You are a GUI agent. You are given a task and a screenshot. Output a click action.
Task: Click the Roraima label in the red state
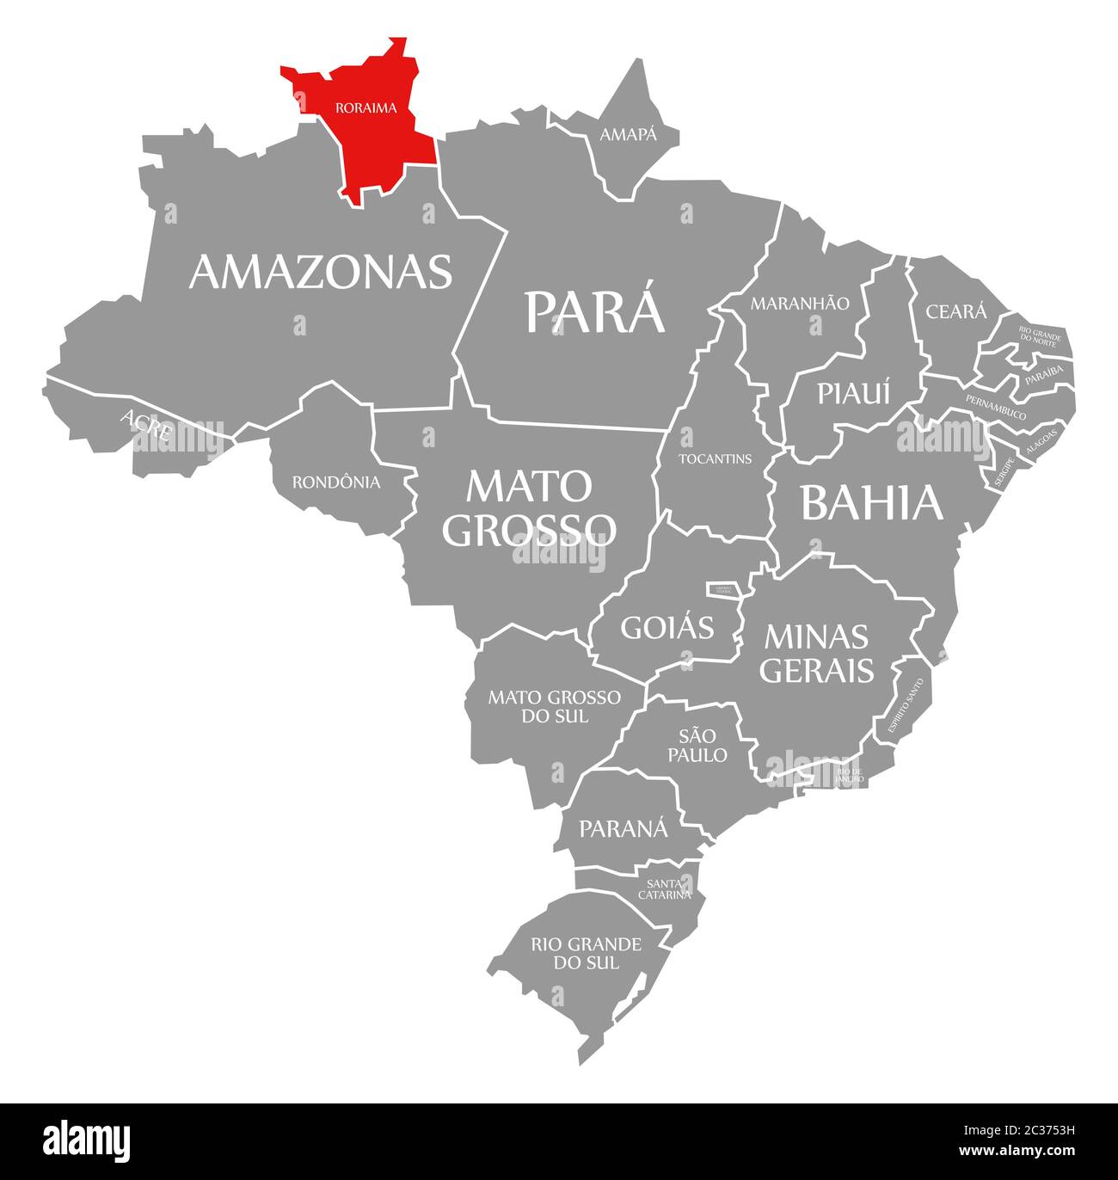(x=365, y=108)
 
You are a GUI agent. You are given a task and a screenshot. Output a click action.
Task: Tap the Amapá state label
(x=628, y=135)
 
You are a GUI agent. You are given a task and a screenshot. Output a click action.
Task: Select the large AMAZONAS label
(x=320, y=272)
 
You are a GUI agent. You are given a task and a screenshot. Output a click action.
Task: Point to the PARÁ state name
(x=595, y=311)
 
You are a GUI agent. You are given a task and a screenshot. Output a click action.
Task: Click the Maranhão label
(x=800, y=304)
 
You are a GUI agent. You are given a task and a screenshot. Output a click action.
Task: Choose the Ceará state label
(x=955, y=311)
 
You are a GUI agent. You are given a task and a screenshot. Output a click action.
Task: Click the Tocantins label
(x=715, y=458)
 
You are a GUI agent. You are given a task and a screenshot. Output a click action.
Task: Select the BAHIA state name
(x=872, y=503)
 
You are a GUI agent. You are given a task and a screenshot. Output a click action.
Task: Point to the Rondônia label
(x=335, y=482)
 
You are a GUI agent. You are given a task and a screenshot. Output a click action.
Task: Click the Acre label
(x=146, y=425)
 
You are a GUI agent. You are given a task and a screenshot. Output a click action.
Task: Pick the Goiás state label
(x=667, y=627)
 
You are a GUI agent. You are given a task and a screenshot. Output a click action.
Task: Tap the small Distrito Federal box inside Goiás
(x=720, y=589)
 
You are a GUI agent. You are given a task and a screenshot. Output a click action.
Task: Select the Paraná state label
(x=623, y=828)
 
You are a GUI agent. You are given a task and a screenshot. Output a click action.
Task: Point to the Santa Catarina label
(x=664, y=888)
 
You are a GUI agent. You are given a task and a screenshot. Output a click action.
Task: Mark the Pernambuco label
(x=995, y=407)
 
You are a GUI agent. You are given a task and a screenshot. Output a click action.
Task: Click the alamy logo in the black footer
(x=87, y=1140)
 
